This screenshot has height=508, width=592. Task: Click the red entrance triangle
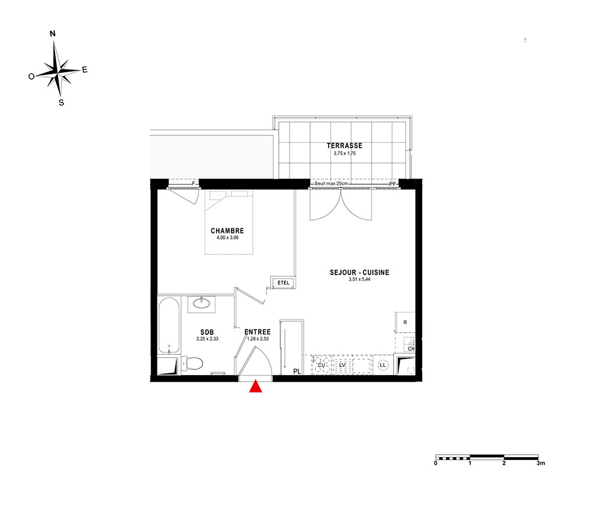pos(256,386)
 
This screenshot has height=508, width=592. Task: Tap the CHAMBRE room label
pos(227,231)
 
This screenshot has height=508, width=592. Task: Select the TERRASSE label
pos(345,145)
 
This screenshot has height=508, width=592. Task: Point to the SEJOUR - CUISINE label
pos(359,272)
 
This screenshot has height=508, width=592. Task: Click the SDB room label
pos(207,332)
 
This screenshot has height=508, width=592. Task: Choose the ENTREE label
pos(258,332)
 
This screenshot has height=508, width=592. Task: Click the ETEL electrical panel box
pos(283,283)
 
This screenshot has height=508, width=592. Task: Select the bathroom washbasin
pos(201,303)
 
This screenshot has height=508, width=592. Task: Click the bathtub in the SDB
pos(169,325)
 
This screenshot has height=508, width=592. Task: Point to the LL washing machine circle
pos(383,365)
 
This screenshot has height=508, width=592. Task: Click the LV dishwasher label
pos(342,365)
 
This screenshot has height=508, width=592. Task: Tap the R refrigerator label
pos(405,322)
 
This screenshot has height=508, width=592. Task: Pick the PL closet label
pos(297,372)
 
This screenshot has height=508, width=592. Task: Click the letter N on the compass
pos(53,34)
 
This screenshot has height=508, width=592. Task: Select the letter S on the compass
pos(61,103)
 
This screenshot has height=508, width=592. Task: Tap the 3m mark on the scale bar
pos(540,463)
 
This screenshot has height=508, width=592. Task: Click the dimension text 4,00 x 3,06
pos(227,238)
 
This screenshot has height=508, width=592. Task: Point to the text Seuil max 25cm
pos(331,183)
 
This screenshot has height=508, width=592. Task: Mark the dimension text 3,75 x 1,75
pos(345,153)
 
